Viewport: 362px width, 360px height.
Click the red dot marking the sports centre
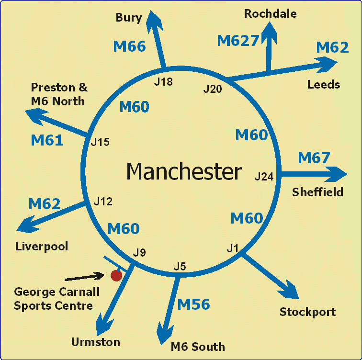(x=116, y=275)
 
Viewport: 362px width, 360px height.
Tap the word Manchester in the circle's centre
(x=184, y=171)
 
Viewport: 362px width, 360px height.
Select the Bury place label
(x=129, y=18)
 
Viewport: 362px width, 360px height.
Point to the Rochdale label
(x=270, y=13)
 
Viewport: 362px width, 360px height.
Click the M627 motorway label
(x=238, y=41)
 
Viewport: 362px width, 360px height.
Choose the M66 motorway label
(x=129, y=46)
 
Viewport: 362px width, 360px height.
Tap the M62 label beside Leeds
(x=333, y=47)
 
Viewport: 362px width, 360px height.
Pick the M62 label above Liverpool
(x=45, y=204)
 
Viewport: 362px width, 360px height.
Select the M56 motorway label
(x=193, y=304)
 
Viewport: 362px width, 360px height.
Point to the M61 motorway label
(x=47, y=140)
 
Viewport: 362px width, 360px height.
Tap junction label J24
(x=264, y=177)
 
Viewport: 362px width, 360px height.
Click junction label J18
(x=163, y=82)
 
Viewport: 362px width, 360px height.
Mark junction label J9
(x=139, y=252)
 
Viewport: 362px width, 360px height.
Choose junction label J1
(x=233, y=248)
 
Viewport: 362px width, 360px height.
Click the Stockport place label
(x=307, y=313)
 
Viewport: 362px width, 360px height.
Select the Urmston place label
(x=96, y=342)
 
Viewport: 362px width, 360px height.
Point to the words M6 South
(x=198, y=347)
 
